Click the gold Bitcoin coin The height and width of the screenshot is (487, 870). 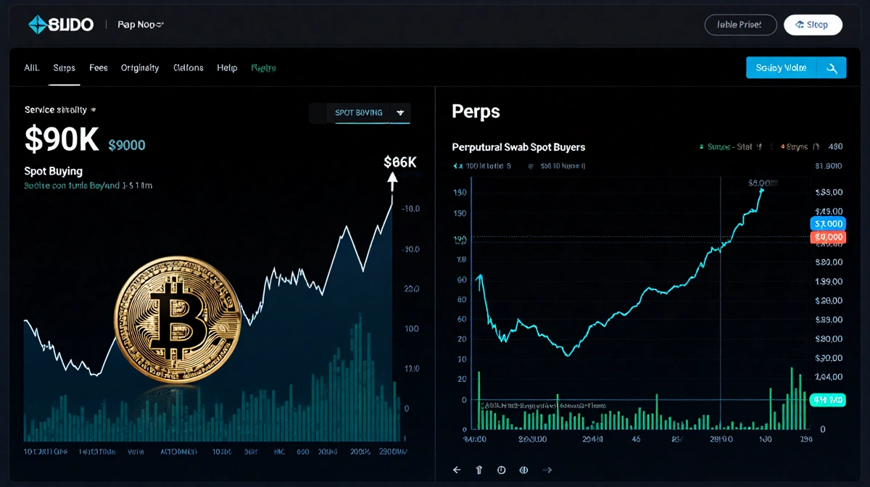(x=178, y=320)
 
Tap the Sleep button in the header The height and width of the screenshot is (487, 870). (x=813, y=25)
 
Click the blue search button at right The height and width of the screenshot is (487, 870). (x=795, y=67)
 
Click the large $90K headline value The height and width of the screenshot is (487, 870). (x=62, y=139)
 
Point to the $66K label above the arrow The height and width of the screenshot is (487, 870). (x=399, y=162)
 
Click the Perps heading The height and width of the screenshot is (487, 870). (x=476, y=111)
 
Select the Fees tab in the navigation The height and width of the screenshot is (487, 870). (x=99, y=67)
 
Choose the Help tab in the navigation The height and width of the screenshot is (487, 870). (x=227, y=67)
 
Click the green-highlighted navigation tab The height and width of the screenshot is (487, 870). (x=263, y=67)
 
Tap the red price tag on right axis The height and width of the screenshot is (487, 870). (x=827, y=237)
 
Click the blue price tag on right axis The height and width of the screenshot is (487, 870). (x=827, y=224)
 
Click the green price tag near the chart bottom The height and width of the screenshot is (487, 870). (x=826, y=399)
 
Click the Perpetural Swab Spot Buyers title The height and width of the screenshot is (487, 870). (x=518, y=147)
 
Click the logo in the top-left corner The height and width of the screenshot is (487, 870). (x=61, y=25)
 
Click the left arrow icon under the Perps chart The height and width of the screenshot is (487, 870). (x=457, y=470)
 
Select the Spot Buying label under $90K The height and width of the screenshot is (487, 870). (x=54, y=171)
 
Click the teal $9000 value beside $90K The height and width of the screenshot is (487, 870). (x=126, y=145)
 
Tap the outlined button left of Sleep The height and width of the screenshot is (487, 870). (x=740, y=25)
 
